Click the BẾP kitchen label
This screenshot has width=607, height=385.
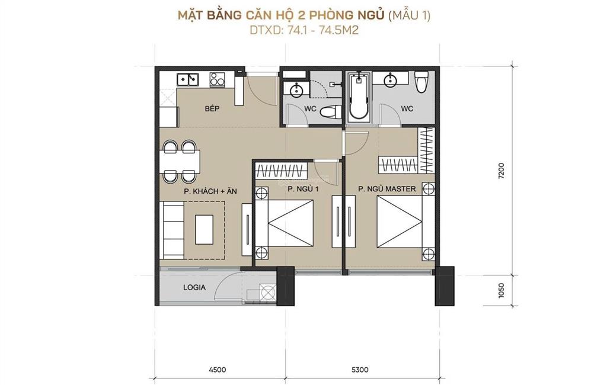pos(212,109)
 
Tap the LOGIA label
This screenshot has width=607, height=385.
pos(194,287)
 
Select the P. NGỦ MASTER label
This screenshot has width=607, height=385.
pos(387,189)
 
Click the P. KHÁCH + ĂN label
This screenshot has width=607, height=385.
pos(210,191)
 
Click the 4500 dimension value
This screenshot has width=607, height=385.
pos(217,370)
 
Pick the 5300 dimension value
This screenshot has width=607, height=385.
pos(360,370)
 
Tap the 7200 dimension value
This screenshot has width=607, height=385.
pos(501,171)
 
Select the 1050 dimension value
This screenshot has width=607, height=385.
pos(501,291)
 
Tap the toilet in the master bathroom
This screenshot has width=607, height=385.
pos(421,82)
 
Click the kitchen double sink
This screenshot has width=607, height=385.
pos(187,79)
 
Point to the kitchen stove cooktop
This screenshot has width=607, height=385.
pos(218,79)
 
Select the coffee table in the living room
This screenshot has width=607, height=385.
pos(204,229)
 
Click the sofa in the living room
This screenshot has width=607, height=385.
pos(174,230)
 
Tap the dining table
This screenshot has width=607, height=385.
pos(180,161)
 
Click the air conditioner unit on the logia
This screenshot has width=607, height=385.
pos(267,293)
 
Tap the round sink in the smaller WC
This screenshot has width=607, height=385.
pos(296,91)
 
